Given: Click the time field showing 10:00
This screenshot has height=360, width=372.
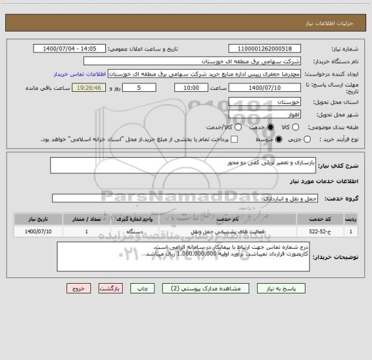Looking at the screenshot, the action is click(x=191, y=87).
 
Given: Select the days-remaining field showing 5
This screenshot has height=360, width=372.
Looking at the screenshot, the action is click(x=139, y=87).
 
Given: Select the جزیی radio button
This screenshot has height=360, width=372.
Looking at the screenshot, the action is click(x=307, y=139).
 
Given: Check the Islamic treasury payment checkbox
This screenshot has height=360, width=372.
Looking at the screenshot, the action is click(x=234, y=139).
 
